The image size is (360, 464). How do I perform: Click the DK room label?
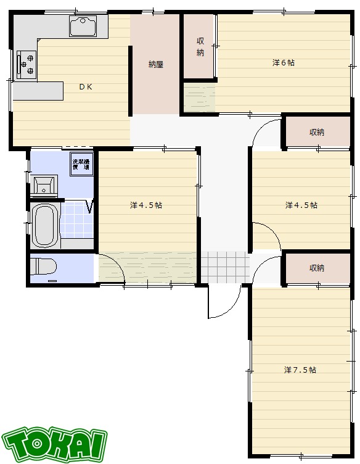coord(86,87)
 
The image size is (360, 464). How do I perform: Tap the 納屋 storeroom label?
coord(156,64)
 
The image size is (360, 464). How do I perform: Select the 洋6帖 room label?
coord(283,63)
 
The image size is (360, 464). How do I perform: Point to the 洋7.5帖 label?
coord(300,370)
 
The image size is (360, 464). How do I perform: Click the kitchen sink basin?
coord(83,26)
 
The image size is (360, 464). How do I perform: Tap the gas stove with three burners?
coord(27,65)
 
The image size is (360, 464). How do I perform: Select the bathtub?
coord(44,225)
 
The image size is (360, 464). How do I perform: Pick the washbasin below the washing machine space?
coord(44,186)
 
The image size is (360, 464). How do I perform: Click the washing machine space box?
coord(81,164)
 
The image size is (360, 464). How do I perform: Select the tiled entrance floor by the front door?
coord(225,267)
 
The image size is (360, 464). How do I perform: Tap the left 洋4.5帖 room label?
coord(146,205)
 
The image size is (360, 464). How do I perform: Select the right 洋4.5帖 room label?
coord(301,205)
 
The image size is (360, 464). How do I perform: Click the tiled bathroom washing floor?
coord(77,220)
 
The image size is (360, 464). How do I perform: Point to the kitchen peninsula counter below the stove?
coord(38,91)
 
